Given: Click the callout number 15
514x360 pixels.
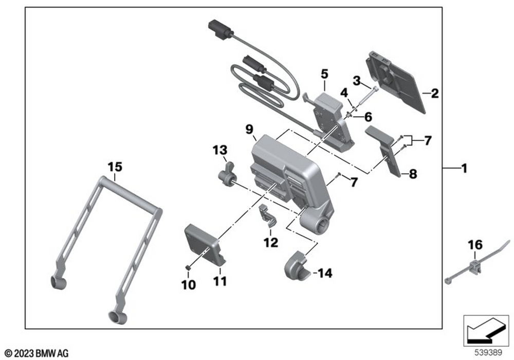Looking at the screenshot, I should pyautogui.click(x=116, y=167).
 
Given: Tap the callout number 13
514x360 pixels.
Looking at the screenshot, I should pyautogui.click(x=219, y=150).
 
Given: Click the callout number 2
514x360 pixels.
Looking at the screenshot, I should pyautogui.click(x=435, y=94).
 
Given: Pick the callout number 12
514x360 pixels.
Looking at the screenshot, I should pyautogui.click(x=270, y=242).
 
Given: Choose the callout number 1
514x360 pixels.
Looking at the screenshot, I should pyautogui.click(x=464, y=168).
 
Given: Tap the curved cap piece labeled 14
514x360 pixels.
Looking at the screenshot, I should pyautogui.click(x=297, y=266).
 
